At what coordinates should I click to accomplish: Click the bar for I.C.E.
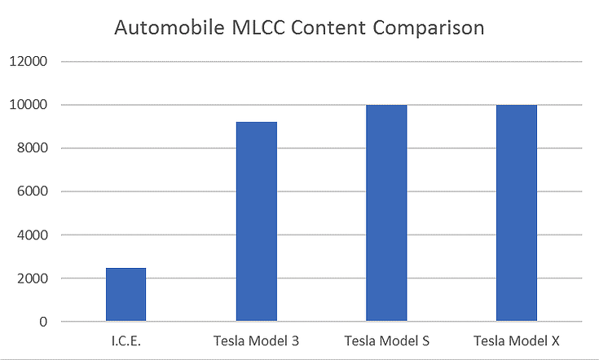pyautogui.click(x=126, y=295)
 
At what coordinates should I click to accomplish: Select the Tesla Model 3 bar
pyautogui.click(x=256, y=222)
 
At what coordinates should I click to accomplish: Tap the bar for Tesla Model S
pyautogui.click(x=386, y=213)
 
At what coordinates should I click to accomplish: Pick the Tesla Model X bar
pyautogui.click(x=517, y=213)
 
